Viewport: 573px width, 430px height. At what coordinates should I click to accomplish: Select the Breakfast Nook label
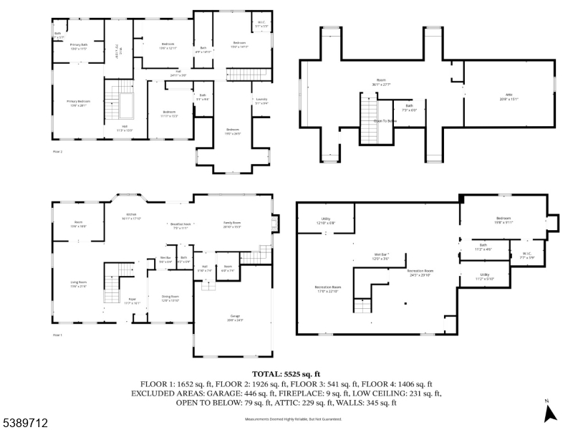click(x=179, y=225)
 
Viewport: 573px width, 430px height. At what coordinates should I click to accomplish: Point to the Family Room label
click(x=232, y=225)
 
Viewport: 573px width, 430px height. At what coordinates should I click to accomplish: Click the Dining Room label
click(x=170, y=297)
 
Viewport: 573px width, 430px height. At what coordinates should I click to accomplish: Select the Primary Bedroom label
click(x=79, y=103)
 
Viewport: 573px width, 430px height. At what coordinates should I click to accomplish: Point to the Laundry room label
click(x=261, y=102)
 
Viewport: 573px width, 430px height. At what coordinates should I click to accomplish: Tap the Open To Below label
click(x=385, y=121)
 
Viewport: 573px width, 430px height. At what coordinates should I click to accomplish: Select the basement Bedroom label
click(x=504, y=220)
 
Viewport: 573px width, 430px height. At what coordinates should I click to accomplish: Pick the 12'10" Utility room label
click(x=325, y=220)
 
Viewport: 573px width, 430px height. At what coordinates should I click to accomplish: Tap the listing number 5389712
click(x=24, y=424)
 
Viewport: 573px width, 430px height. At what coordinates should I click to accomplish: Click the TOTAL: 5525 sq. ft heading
click(x=286, y=374)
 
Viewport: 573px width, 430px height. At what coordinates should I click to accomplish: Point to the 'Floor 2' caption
click(x=58, y=153)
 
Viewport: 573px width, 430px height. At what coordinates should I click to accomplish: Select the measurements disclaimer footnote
click(x=286, y=419)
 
